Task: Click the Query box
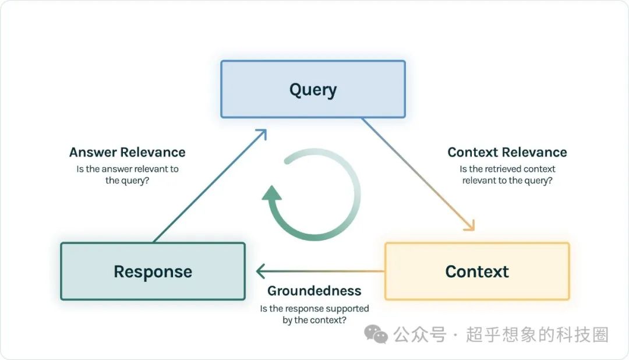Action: (x=313, y=90)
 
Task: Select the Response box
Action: (x=153, y=271)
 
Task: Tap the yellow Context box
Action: (x=477, y=271)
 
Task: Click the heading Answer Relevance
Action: (x=127, y=153)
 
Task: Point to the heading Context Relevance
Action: (x=507, y=153)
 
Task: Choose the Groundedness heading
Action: (x=314, y=291)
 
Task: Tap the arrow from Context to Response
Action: (x=320, y=271)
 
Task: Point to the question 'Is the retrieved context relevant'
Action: (x=507, y=175)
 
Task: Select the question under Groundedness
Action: (x=314, y=315)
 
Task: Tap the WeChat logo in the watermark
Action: (x=376, y=335)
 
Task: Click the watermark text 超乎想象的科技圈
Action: (x=536, y=335)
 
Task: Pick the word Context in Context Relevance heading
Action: (x=473, y=153)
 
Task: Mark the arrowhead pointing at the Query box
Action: (x=262, y=135)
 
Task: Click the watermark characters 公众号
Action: (x=419, y=335)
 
